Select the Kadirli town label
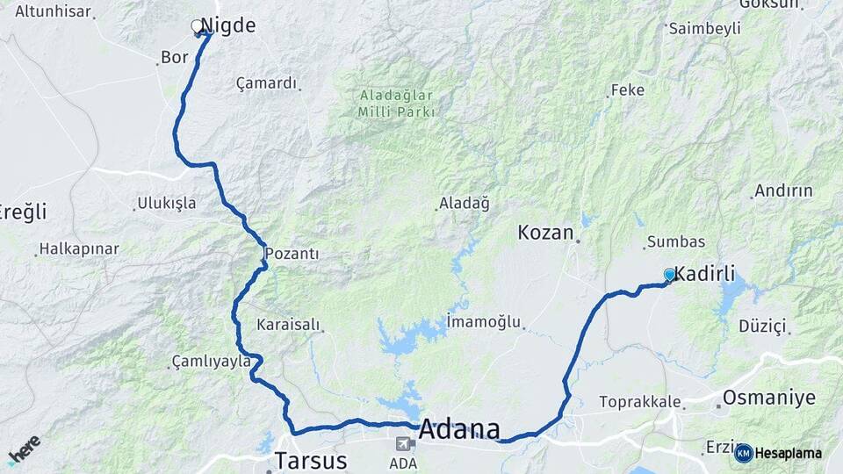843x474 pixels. click(704, 273)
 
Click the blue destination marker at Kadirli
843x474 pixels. click(670, 275)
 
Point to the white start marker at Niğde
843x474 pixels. click(198, 26)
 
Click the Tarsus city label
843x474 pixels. click(311, 460)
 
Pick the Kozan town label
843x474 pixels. click(545, 233)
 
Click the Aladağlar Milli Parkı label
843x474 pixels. click(397, 104)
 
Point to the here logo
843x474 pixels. click(24, 449)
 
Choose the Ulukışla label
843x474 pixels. click(167, 204)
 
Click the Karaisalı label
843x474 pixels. click(288, 325)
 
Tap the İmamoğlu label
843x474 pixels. click(484, 321)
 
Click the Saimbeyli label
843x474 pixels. click(704, 29)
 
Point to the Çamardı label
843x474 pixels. click(266, 83)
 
